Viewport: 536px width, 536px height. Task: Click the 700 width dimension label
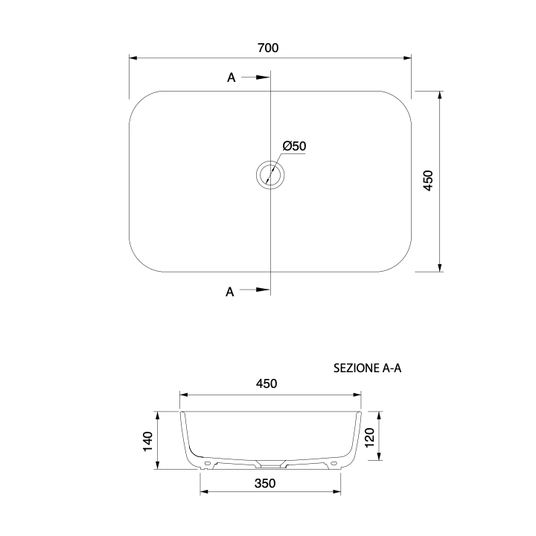(268, 48)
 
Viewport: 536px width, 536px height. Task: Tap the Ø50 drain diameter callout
(294, 147)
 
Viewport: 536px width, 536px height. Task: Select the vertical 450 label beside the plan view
(428, 180)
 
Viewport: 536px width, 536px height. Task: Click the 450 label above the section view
(267, 383)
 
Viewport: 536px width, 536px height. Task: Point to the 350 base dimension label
(265, 483)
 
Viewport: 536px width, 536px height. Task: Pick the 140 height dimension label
(147, 441)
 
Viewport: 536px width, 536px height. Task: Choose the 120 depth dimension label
(370, 438)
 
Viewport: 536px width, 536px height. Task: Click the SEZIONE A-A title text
(368, 368)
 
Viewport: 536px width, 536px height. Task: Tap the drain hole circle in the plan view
(270, 175)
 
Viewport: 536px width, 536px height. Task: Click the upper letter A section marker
(232, 77)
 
